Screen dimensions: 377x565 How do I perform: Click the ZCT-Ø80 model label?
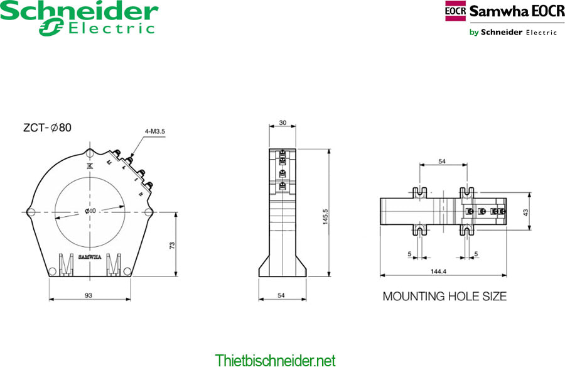click(47, 128)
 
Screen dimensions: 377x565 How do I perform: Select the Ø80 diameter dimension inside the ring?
click(90, 211)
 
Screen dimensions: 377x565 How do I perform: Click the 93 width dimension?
click(89, 294)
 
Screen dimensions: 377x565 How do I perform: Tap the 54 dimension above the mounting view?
click(442, 161)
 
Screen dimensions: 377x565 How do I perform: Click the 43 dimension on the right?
click(525, 212)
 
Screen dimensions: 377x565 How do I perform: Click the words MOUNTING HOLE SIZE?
click(444, 296)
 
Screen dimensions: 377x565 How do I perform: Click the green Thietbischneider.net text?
click(275, 361)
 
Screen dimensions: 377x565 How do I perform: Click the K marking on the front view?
click(89, 166)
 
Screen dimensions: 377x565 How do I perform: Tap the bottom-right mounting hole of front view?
click(127, 271)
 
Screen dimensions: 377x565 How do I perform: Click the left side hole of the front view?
click(30, 212)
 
